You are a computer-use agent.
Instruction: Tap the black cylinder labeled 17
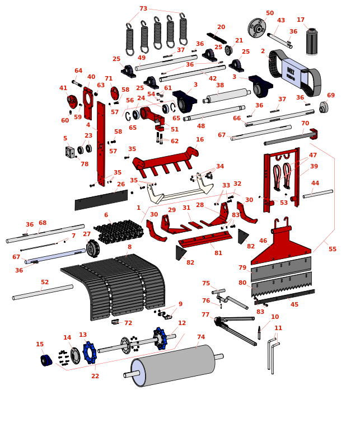click(x=312, y=42)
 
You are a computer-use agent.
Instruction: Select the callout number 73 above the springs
click(x=143, y=9)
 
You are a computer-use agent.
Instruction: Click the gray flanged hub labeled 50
click(x=257, y=27)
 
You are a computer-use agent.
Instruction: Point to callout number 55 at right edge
click(x=333, y=249)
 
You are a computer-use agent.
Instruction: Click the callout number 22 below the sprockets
click(x=95, y=376)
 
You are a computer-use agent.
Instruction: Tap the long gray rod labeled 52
click(x=43, y=293)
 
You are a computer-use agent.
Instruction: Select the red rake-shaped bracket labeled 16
click(x=165, y=161)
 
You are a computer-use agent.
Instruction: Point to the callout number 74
click(x=201, y=337)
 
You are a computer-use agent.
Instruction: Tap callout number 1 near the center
click(x=139, y=208)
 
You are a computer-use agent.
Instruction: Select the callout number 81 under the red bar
click(x=218, y=253)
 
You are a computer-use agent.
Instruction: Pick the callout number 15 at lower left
click(x=40, y=345)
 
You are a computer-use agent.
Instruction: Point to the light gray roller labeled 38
click(x=227, y=96)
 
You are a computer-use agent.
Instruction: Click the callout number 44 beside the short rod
click(x=315, y=184)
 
